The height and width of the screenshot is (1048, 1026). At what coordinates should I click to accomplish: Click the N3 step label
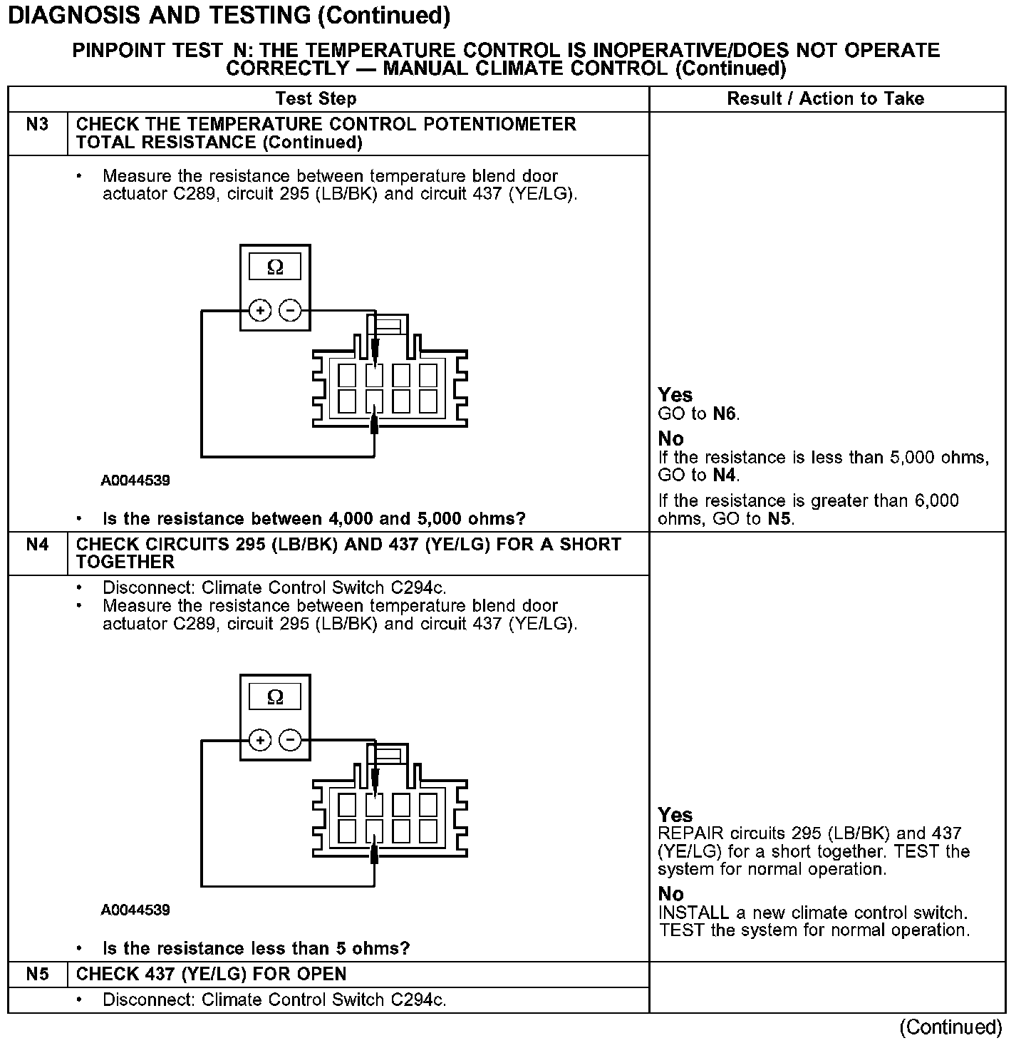[37, 125]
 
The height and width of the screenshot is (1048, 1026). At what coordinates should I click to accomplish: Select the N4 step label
[37, 545]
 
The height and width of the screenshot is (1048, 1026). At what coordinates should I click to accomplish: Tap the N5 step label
[37, 975]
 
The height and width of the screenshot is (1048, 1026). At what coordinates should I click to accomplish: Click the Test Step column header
[316, 99]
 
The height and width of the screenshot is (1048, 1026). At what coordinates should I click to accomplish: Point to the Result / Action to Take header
[826, 99]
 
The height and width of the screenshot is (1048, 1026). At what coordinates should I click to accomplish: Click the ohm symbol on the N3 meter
[275, 267]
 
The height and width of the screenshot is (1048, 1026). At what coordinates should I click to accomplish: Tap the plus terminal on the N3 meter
[261, 311]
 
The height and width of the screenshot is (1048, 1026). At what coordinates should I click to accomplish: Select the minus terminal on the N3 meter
[289, 311]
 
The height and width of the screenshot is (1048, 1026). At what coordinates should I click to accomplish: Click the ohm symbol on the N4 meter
[275, 697]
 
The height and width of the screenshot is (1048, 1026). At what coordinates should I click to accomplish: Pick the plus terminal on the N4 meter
[261, 741]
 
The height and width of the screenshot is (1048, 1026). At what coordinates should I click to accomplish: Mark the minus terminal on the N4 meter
[289, 741]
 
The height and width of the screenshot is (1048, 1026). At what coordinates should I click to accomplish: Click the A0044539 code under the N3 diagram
[135, 481]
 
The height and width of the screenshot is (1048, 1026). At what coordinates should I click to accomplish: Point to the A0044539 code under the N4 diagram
[135, 910]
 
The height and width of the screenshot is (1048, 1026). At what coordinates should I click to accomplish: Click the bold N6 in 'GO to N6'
[725, 414]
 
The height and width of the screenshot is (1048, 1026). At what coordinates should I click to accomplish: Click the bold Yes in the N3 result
[675, 395]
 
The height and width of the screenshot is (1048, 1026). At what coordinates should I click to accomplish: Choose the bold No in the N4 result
[671, 894]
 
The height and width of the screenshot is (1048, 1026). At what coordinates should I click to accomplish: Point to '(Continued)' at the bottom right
[951, 1027]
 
